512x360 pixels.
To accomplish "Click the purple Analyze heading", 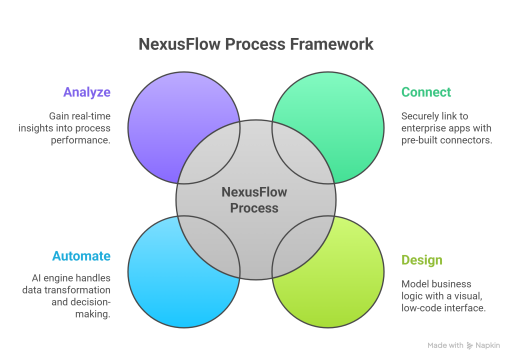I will click(x=86, y=92).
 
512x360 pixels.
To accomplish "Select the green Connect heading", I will click(x=426, y=92).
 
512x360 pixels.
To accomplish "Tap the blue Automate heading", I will click(x=81, y=256).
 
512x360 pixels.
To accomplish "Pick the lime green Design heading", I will click(x=422, y=260).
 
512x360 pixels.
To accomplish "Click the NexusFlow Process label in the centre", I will click(x=254, y=199).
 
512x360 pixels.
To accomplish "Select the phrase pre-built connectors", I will click(x=446, y=140).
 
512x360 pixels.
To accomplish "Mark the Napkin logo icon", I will click(x=469, y=345).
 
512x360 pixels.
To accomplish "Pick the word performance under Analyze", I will click(x=80, y=140).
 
